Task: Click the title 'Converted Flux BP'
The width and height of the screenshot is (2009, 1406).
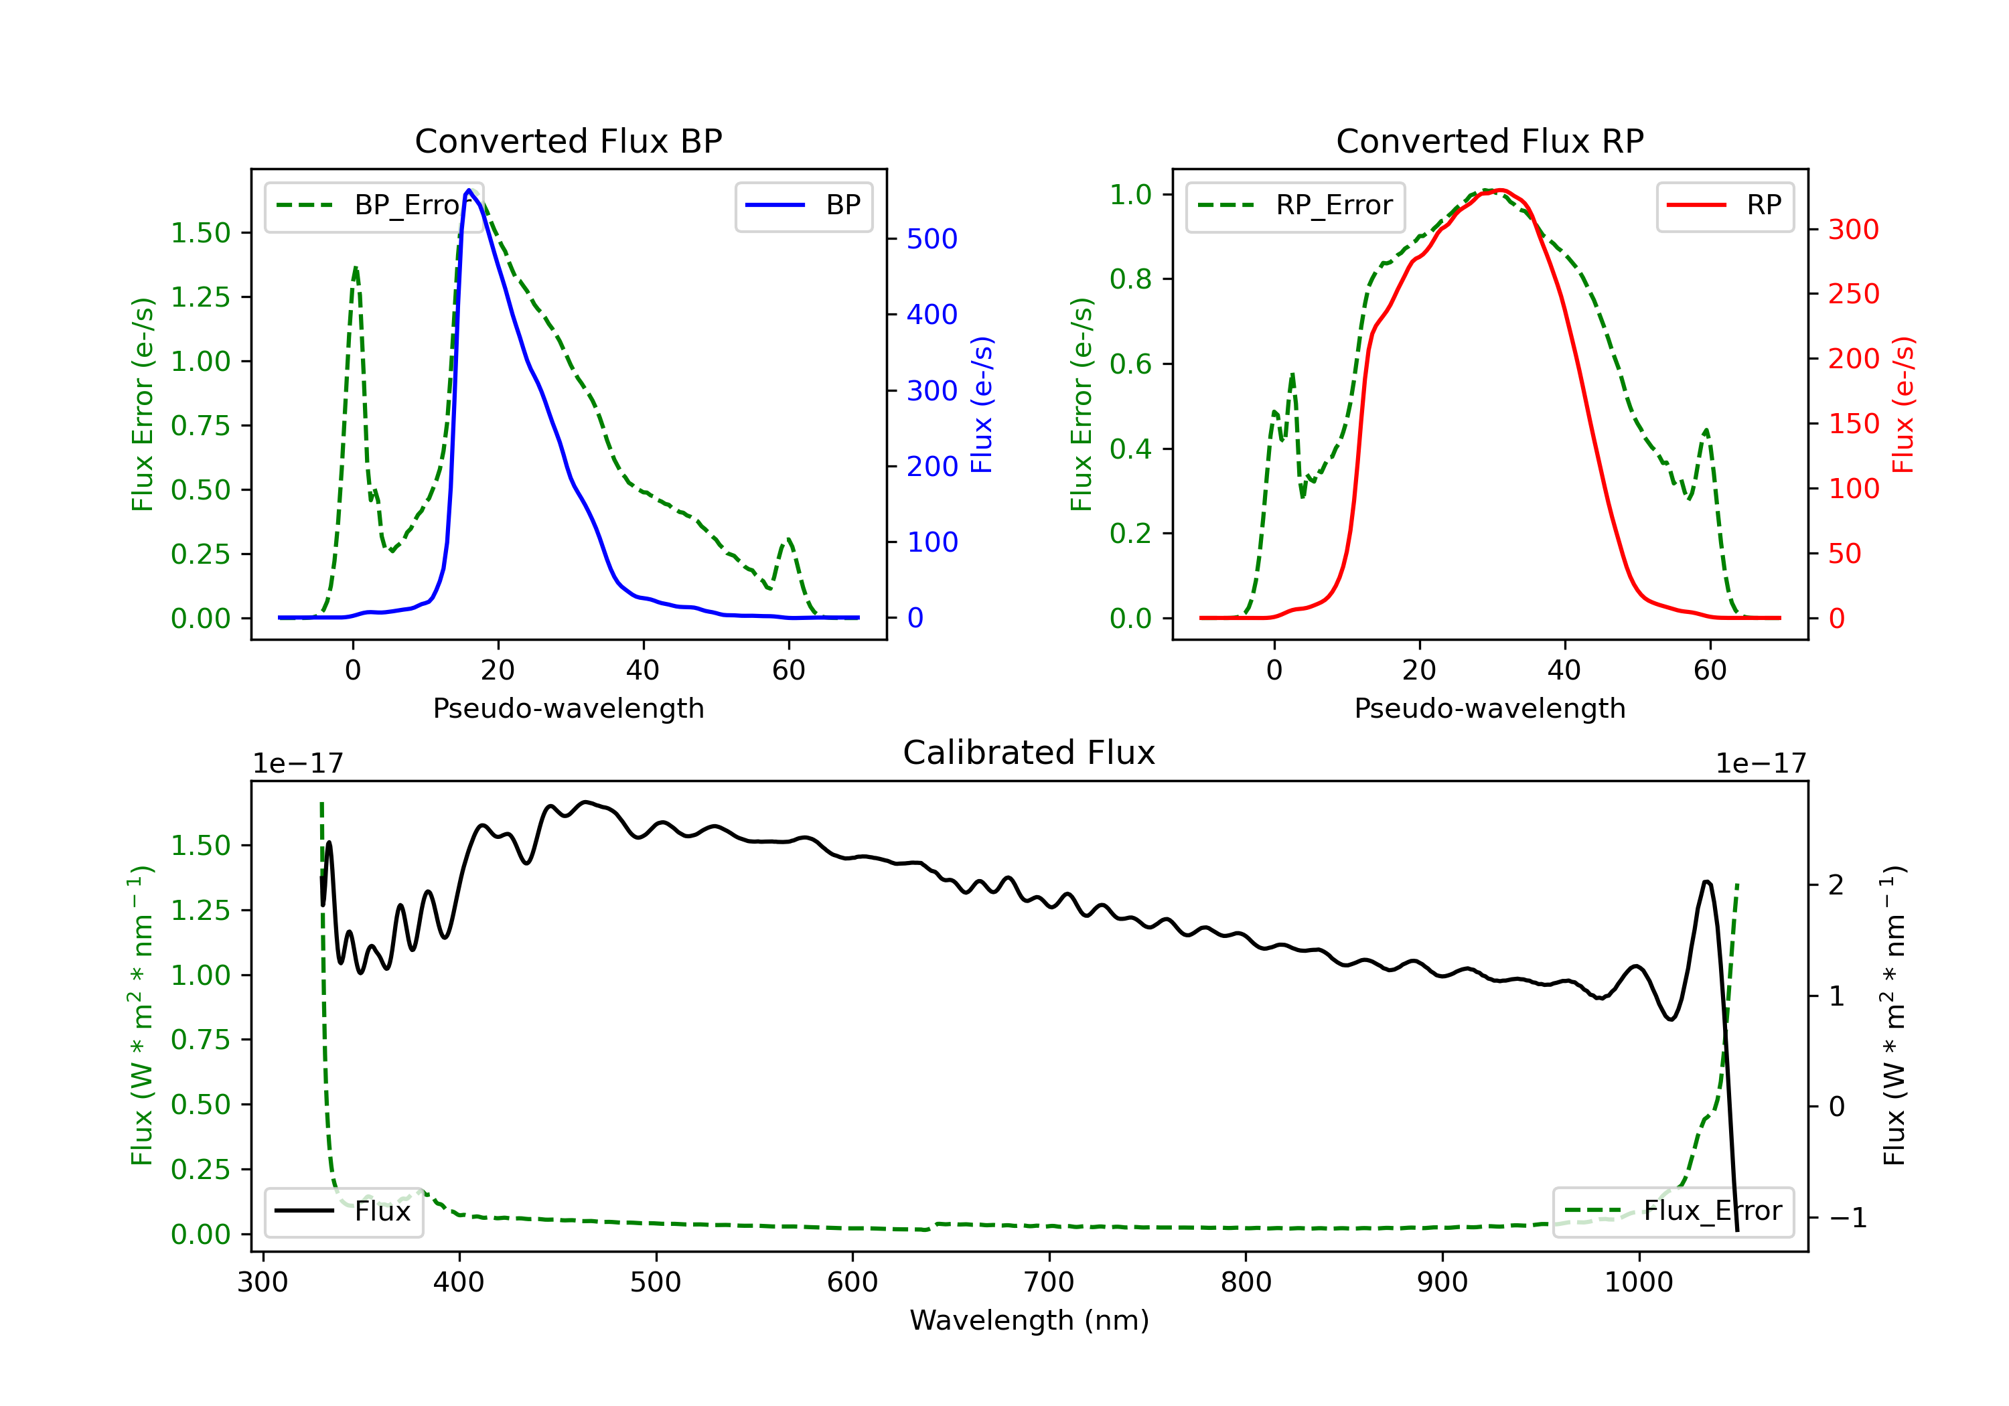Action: coord(568,141)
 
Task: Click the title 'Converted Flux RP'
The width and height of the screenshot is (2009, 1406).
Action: coord(1489,141)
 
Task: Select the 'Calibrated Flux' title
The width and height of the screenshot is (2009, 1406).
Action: coord(1029,753)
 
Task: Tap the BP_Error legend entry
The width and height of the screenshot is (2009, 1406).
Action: coord(374,206)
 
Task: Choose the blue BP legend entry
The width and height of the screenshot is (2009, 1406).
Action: coord(803,206)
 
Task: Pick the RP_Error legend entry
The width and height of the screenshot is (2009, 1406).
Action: coord(1295,206)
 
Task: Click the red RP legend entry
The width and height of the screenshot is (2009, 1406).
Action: coord(1724,206)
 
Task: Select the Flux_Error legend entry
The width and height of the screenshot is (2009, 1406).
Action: coord(1672,1211)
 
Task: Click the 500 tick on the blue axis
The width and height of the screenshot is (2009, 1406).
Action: coord(932,239)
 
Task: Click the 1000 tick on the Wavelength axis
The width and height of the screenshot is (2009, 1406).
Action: coord(1638,1283)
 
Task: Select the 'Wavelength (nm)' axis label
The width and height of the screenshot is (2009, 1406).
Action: coord(1029,1320)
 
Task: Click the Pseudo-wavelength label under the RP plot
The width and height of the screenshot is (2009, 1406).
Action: coord(1489,708)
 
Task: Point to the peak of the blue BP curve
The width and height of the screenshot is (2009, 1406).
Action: coord(469,190)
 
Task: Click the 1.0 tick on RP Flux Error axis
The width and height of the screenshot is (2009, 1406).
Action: coord(1130,194)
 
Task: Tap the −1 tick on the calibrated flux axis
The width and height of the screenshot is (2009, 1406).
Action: coord(1847,1217)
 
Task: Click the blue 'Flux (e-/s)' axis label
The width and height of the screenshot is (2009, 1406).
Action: coord(982,404)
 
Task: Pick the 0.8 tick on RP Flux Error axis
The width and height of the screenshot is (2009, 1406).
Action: coord(1130,279)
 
